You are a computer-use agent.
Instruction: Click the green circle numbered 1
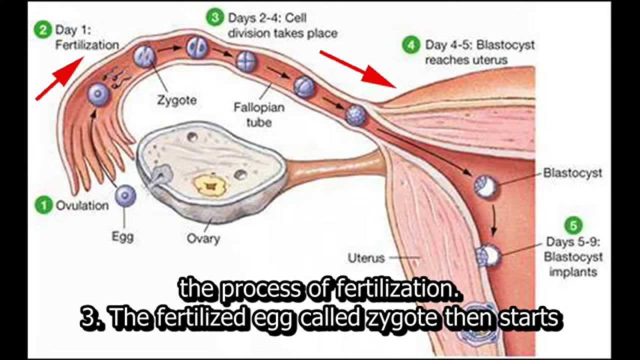[44, 205]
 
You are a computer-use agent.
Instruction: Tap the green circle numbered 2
[43, 29]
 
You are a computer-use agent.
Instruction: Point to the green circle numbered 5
[573, 225]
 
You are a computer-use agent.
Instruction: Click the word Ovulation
[82, 205]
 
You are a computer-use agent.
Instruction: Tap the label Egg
[122, 236]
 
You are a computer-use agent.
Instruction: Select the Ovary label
[203, 238]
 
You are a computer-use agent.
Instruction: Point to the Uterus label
[366, 258]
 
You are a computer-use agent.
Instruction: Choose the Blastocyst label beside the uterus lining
[572, 173]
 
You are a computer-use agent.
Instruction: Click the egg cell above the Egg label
[125, 195]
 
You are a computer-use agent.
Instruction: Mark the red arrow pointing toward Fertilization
[60, 78]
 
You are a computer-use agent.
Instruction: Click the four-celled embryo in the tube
[246, 62]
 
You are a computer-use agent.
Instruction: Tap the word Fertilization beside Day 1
[87, 45]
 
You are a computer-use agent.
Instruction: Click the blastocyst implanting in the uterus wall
[489, 256]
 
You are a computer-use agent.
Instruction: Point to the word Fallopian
[259, 107]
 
